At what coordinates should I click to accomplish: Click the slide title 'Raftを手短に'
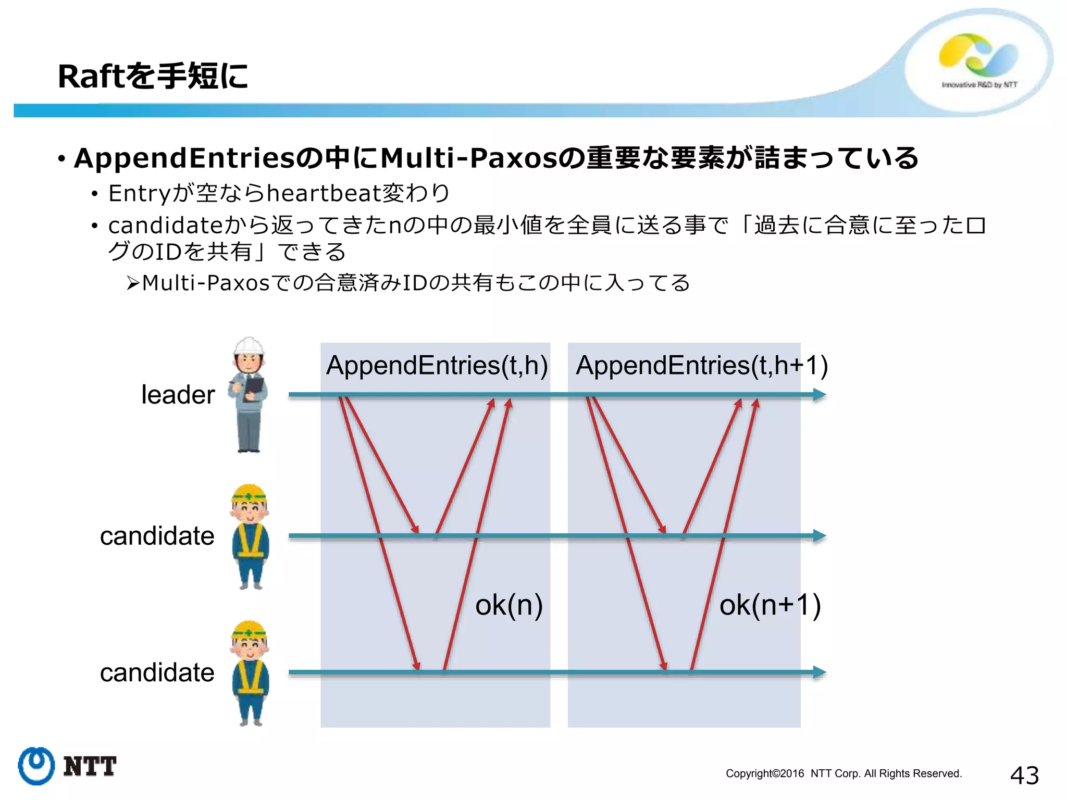tap(153, 76)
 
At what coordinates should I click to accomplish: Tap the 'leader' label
tap(178, 395)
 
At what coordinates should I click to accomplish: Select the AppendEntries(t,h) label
tap(437, 365)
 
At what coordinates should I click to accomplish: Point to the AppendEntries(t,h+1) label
tap(701, 365)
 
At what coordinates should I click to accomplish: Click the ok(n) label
tap(508, 605)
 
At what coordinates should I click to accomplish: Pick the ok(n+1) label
tap(770, 605)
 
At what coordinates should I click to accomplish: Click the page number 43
tap(1024, 776)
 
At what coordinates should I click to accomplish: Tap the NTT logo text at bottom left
tap(90, 767)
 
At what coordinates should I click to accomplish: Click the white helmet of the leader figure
tap(249, 346)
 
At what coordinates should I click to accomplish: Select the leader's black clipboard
tap(255, 386)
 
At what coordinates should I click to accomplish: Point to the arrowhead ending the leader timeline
tap(820, 395)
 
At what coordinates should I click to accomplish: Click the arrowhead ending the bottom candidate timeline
tap(820, 672)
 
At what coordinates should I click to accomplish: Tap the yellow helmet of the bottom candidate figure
tap(249, 630)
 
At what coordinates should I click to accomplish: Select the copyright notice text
tap(843, 773)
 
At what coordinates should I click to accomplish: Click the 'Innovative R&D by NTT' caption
tap(979, 85)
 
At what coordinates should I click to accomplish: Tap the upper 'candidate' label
tap(157, 536)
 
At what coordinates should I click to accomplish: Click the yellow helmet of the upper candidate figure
tap(249, 494)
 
